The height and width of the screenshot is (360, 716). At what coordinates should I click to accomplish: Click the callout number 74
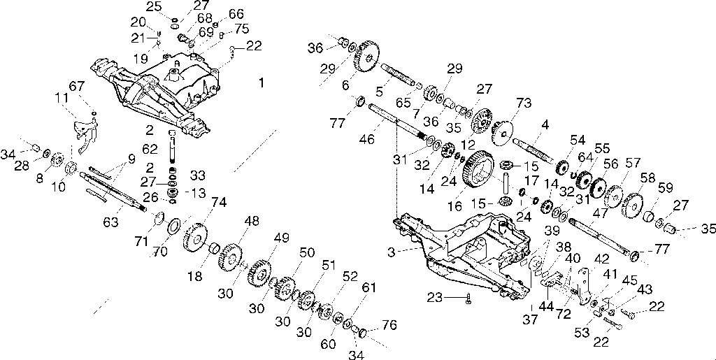click(219, 203)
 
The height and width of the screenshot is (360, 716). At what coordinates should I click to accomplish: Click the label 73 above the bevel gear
click(523, 103)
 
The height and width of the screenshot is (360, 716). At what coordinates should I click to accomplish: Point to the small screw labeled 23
click(468, 298)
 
